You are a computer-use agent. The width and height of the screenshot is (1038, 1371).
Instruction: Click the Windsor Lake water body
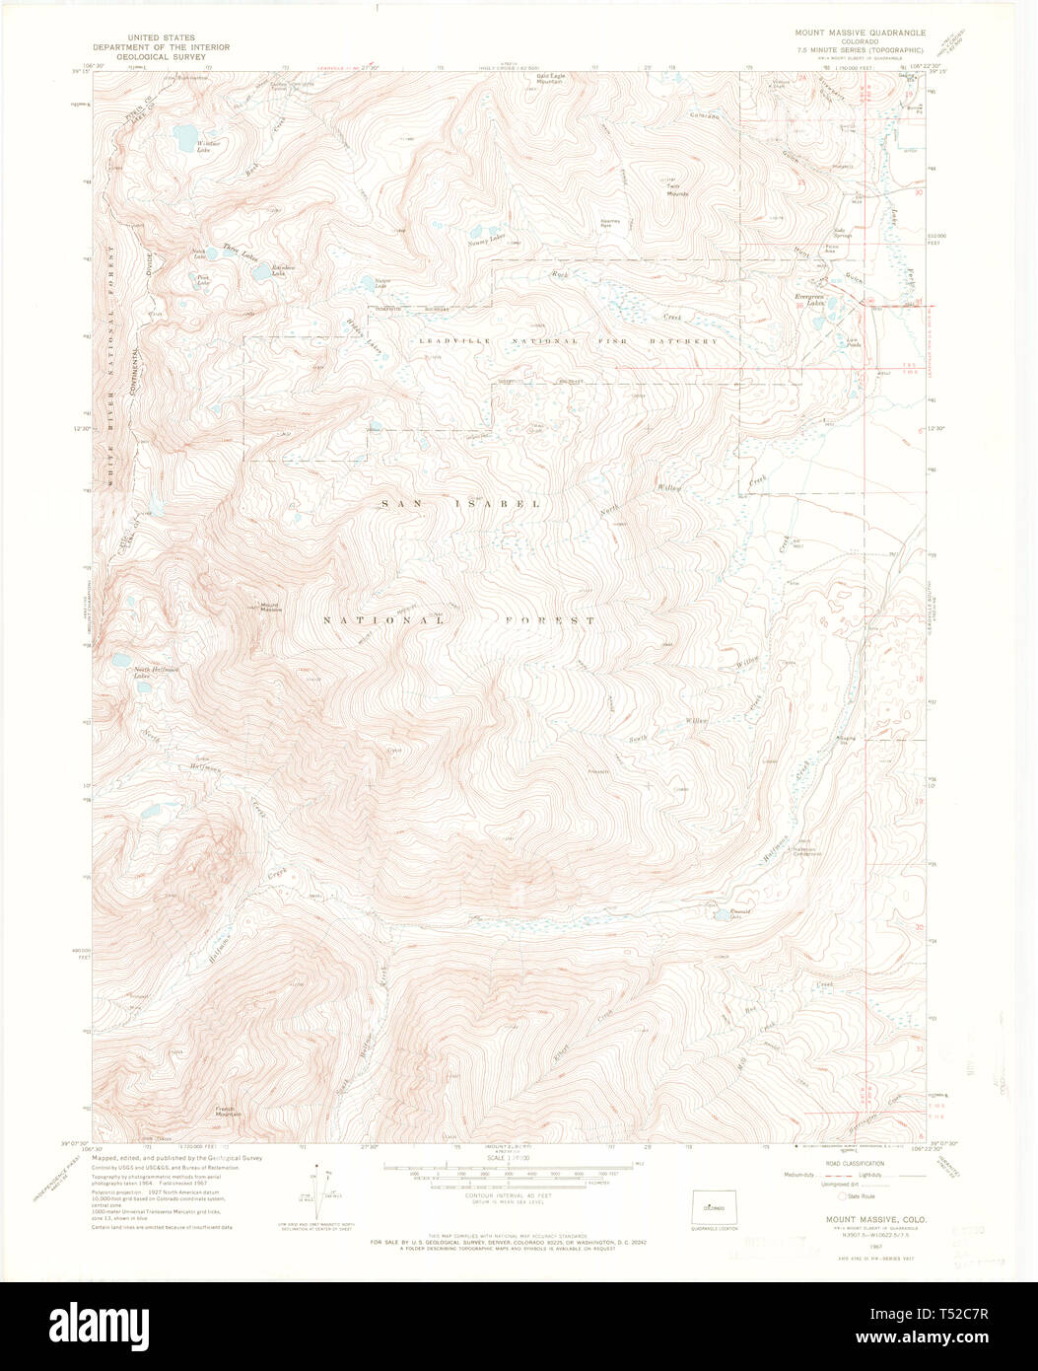pos(183,134)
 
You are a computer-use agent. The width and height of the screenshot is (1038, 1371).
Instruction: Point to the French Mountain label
pos(230,1112)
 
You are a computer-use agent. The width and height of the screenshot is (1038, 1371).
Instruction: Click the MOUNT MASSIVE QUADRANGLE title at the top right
pos(860,32)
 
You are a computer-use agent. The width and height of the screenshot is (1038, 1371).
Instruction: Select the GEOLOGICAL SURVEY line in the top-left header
pos(161,56)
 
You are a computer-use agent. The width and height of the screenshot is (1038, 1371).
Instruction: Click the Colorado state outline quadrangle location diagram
pos(715,1206)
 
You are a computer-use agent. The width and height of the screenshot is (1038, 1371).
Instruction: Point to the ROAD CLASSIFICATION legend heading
pos(848,1164)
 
